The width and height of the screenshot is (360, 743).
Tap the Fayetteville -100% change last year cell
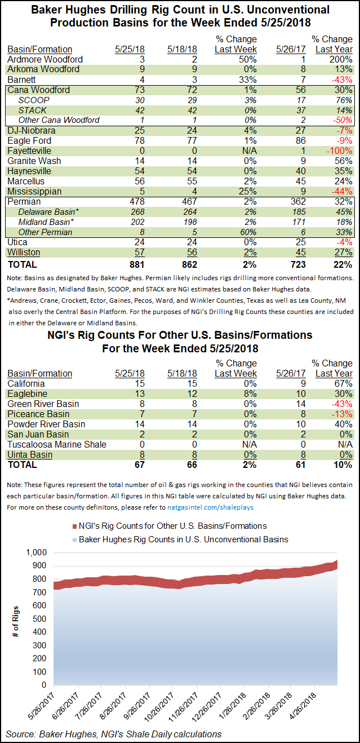(x=339, y=151)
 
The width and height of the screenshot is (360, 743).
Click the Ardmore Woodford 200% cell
(x=341, y=59)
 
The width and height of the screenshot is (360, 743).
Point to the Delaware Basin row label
(x=49, y=212)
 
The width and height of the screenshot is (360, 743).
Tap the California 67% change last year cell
(x=343, y=383)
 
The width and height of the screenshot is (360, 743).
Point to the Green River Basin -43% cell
(x=341, y=404)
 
